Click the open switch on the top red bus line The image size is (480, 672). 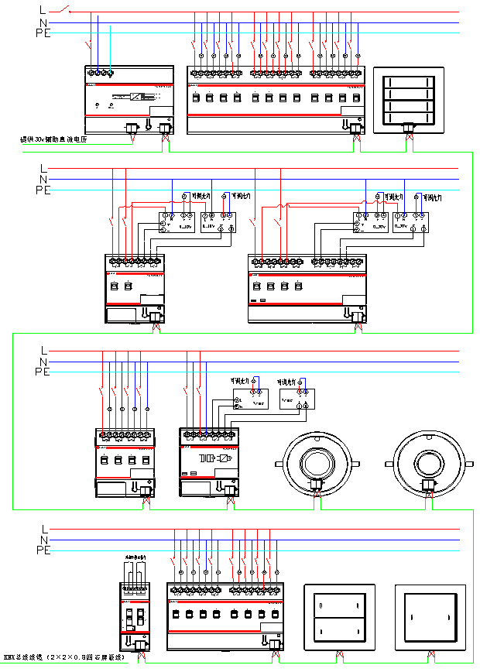click(66, 10)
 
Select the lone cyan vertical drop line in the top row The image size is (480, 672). click(110, 50)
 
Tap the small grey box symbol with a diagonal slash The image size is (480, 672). click(139, 95)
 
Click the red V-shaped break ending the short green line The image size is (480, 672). click(133, 139)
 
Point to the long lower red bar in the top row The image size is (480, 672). click(264, 115)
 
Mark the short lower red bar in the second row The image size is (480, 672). click(123, 303)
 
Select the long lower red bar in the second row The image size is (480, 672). click(295, 303)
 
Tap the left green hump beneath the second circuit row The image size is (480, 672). click(156, 328)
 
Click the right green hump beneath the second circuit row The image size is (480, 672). click(358, 328)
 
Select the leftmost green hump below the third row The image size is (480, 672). click(146, 503)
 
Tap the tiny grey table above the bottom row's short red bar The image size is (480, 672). click(135, 592)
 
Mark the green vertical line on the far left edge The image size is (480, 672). click(12, 422)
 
